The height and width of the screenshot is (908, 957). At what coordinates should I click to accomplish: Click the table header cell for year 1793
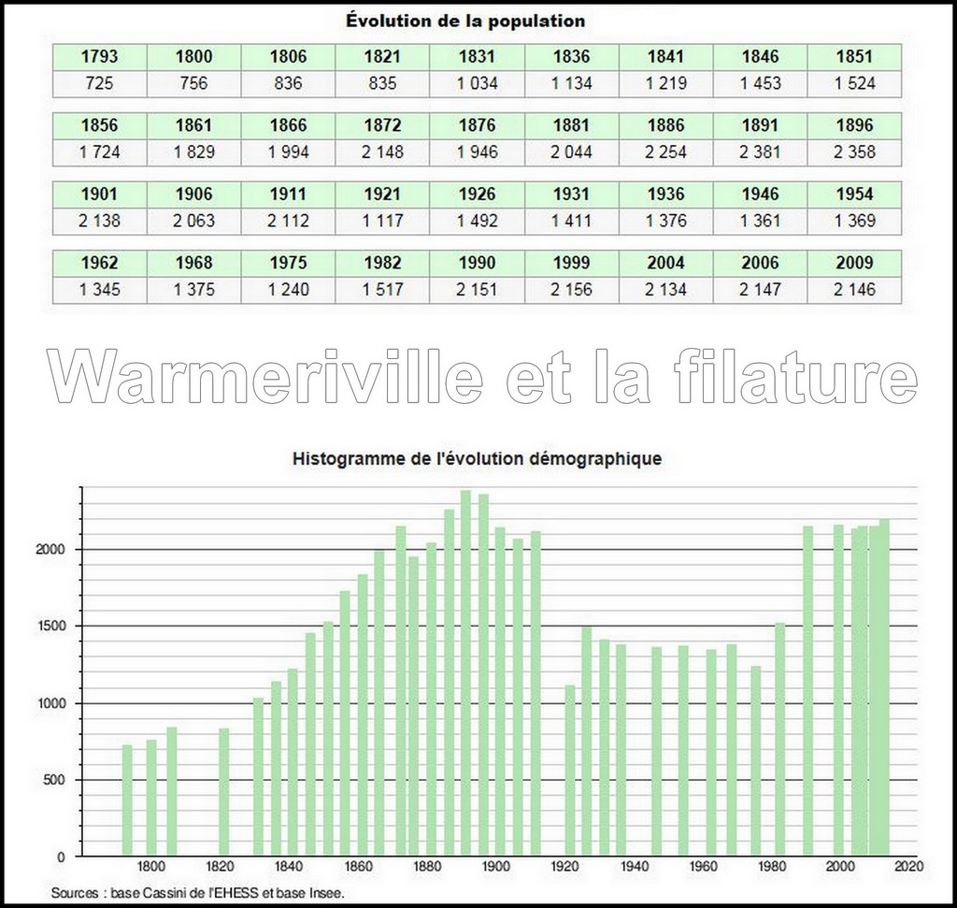pyautogui.click(x=99, y=56)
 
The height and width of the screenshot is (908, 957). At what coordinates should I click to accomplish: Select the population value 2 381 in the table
pyautogui.click(x=760, y=151)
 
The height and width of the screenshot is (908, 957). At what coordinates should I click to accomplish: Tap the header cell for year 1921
pyautogui.click(x=383, y=195)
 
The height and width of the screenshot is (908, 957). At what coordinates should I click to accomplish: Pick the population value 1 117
pyautogui.click(x=383, y=221)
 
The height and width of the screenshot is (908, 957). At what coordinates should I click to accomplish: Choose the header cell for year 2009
pyautogui.click(x=855, y=263)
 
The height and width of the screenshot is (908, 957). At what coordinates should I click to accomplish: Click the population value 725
pyautogui.click(x=99, y=83)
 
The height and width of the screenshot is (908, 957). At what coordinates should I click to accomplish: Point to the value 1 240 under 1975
pyautogui.click(x=288, y=290)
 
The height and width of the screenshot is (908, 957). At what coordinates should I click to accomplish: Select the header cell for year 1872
pyautogui.click(x=383, y=125)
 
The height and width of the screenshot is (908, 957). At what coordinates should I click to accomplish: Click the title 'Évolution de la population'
pyautogui.click(x=478, y=20)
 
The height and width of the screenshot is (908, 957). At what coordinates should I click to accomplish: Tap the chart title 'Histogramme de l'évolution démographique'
pyautogui.click(x=478, y=459)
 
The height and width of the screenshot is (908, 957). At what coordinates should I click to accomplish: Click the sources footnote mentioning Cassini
pyautogui.click(x=198, y=893)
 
